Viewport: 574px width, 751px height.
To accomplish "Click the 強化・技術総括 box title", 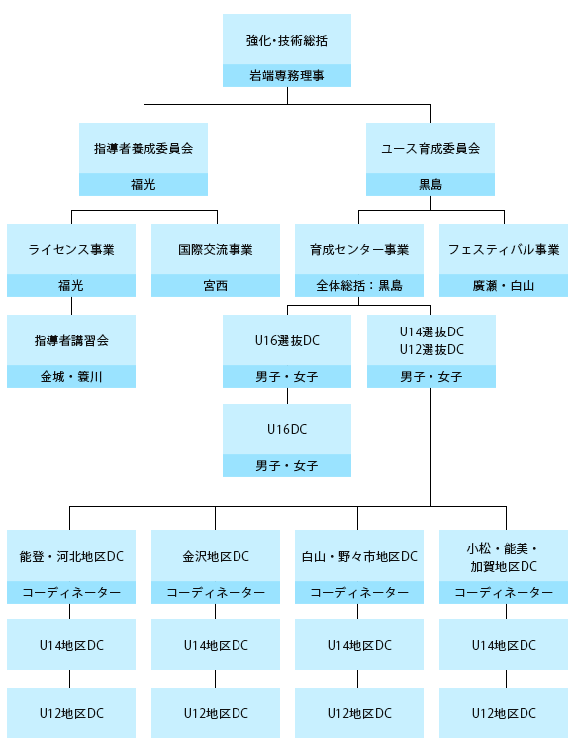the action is (x=287, y=41).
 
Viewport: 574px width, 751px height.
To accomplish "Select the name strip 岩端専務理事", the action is (x=287, y=75).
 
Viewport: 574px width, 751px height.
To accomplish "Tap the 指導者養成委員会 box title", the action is (x=143, y=149).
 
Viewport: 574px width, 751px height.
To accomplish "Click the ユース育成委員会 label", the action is (x=430, y=149).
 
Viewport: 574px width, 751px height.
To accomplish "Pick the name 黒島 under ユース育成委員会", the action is (x=430, y=184).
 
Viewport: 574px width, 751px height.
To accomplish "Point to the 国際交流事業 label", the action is (x=216, y=250).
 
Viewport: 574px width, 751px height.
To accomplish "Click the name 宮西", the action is (x=216, y=285).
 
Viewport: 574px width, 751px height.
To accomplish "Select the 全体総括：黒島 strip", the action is (x=359, y=285).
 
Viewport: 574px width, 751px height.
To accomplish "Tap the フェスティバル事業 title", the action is (x=504, y=250).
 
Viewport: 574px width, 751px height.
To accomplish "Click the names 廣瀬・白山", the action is (x=504, y=285).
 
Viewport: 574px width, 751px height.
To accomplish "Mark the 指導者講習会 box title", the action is (x=71, y=341).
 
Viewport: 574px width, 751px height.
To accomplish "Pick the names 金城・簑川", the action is (x=71, y=376).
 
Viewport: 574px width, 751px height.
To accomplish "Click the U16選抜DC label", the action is (x=287, y=341).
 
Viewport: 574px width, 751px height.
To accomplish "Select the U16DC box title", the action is (x=287, y=429).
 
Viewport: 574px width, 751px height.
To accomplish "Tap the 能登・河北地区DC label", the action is (x=71, y=556).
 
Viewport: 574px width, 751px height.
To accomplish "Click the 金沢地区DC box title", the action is (x=216, y=556).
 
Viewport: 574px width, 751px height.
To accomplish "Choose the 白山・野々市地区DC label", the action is (x=359, y=556).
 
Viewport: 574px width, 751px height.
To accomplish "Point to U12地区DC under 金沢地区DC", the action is (x=216, y=713).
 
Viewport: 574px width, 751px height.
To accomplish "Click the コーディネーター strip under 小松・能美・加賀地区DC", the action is (x=504, y=593).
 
